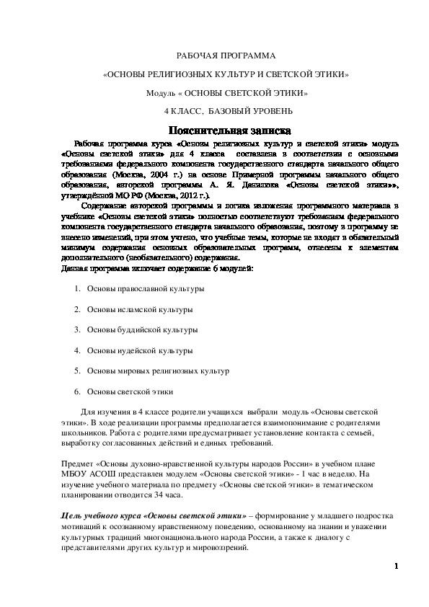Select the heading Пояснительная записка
pyautogui.click(x=229, y=131)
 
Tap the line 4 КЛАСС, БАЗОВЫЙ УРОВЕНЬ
pyautogui.click(x=228, y=112)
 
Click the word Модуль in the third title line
pyautogui.click(x=162, y=94)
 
